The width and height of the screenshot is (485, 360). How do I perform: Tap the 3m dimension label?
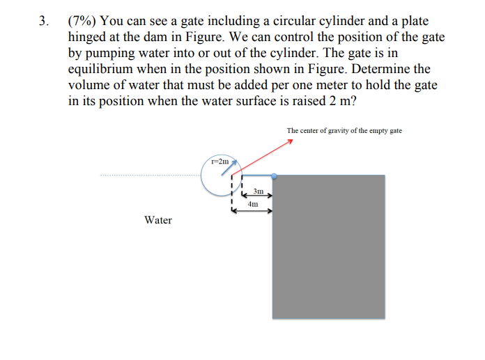point(259,191)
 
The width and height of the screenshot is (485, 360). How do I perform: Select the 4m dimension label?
point(252,205)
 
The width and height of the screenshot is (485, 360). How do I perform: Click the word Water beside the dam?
point(158,220)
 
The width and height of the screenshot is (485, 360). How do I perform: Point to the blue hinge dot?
point(274,176)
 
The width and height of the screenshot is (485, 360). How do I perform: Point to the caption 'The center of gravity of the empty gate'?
point(344,131)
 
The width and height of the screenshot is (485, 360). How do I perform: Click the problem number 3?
point(43,22)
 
